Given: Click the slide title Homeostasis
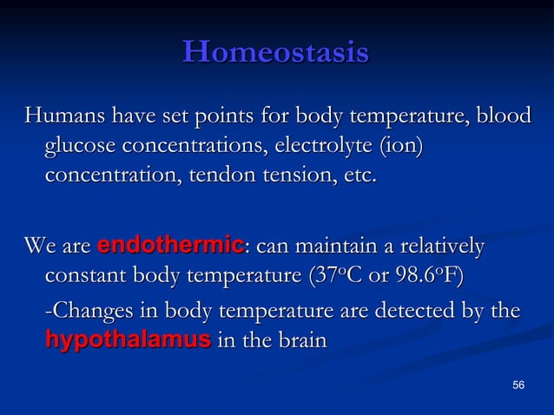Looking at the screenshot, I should coord(276,52).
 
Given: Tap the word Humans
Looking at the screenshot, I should coord(61,115).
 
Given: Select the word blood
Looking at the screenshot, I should coord(501,115).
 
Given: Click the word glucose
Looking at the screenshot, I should coord(81,145).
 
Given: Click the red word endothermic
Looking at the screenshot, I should coord(169,247).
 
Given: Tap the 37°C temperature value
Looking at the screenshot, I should coord(340,277).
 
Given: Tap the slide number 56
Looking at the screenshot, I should coord(518,385).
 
